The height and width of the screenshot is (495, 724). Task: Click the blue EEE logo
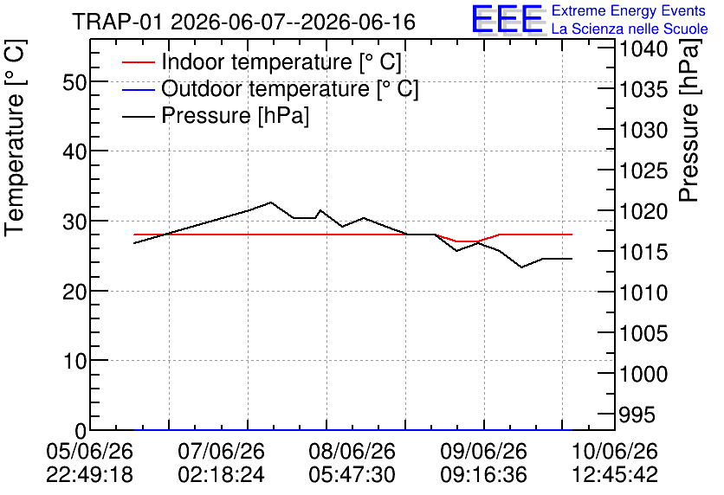point(507,19)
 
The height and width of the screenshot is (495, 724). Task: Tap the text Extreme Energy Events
point(629,10)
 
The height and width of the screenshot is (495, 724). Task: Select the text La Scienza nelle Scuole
point(630,29)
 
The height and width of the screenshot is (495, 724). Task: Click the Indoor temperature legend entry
point(262,61)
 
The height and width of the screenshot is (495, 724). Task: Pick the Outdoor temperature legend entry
point(270,88)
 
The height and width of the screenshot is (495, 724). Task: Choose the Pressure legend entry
point(216,115)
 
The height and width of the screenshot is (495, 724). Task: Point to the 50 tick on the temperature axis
point(74,83)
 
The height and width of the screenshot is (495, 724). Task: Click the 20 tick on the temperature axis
point(74,292)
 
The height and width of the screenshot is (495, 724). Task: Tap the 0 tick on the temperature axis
point(81,431)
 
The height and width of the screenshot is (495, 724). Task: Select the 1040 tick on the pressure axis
point(643,49)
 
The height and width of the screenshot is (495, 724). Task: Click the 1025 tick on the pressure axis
point(643,171)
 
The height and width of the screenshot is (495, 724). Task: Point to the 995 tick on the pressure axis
point(637,415)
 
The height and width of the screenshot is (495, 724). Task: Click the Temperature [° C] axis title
point(15,138)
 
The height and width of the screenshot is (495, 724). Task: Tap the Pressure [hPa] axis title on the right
point(688,120)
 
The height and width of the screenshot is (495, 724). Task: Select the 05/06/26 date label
point(89,451)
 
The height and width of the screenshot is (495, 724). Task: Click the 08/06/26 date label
point(352,451)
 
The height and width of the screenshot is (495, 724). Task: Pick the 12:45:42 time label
point(615,474)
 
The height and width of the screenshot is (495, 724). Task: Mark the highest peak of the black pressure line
point(270,202)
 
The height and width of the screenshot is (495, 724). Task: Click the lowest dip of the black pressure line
point(521,267)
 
